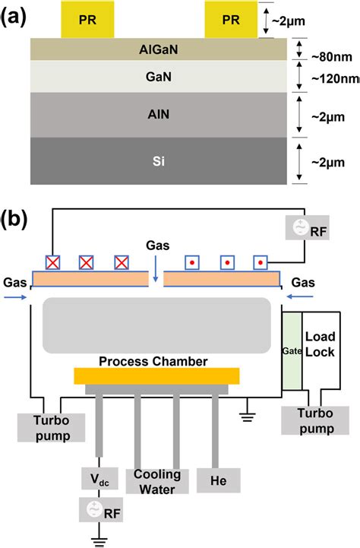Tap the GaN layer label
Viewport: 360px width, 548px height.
(x=159, y=76)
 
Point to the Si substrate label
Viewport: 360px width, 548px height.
(x=159, y=160)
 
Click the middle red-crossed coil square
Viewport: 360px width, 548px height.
(x=86, y=262)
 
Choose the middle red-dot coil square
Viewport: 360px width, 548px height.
(x=227, y=262)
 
